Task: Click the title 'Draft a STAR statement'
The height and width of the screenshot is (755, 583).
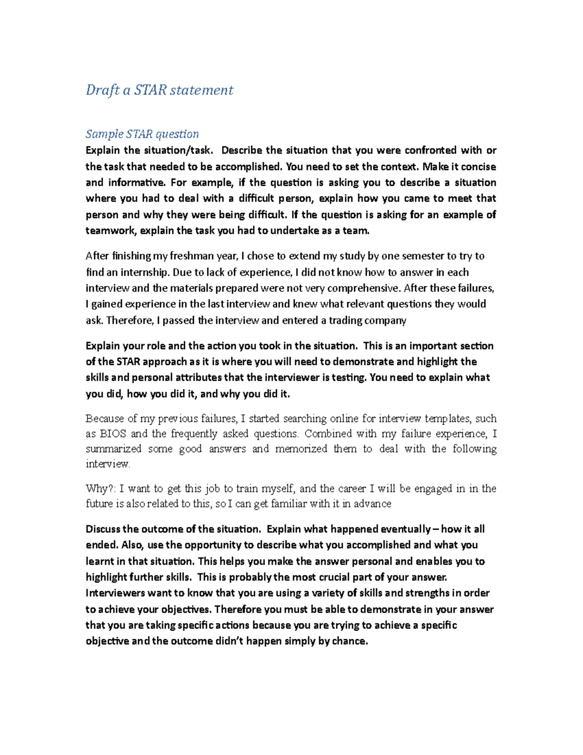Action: tap(159, 90)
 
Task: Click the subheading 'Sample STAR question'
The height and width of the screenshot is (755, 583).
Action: tap(142, 134)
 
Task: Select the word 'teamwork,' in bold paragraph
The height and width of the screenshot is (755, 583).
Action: tap(111, 231)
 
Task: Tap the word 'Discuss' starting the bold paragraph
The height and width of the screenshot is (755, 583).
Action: tap(103, 529)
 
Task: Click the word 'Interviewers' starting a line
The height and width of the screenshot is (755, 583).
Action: tap(115, 593)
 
